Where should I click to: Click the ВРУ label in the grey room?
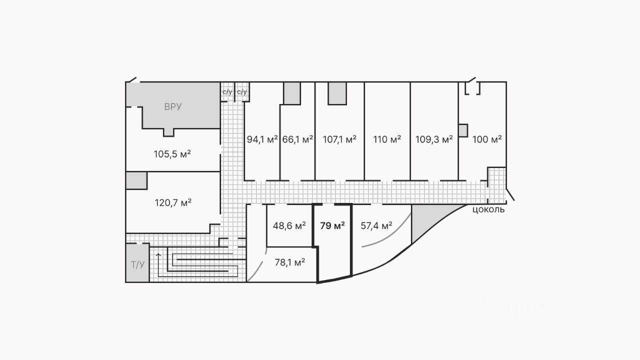pos(172,106)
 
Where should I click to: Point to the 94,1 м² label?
pos(262,139)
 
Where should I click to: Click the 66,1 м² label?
pos(297,139)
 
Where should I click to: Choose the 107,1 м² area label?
pos(339,139)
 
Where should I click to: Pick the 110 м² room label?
pos(387,139)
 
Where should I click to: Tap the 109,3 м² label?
pos(434,139)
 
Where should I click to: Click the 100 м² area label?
pos(487,139)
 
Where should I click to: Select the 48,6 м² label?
pos(289,225)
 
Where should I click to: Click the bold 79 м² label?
pos(332,225)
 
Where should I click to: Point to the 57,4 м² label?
pos(376,225)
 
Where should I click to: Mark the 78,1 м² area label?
pos(290,261)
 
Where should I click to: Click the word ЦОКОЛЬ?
pos(488,209)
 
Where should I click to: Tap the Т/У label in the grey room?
pos(137,264)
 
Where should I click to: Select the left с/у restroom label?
pos(227,92)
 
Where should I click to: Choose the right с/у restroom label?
pos(242,92)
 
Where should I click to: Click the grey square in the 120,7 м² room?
pos(136,180)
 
